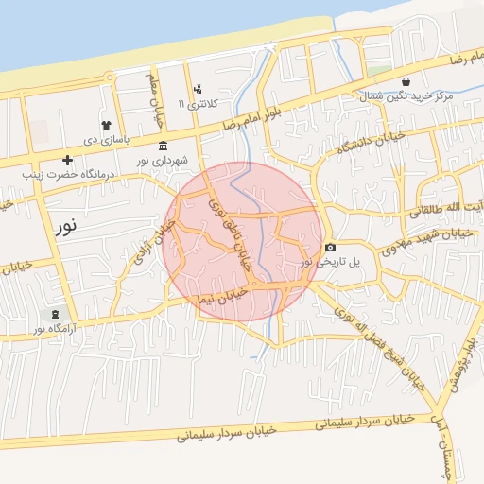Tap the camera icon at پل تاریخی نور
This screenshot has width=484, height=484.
[330, 247]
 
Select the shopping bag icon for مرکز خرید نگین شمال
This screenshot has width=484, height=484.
[406, 82]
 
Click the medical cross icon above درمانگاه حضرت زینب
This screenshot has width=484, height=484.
[67, 159]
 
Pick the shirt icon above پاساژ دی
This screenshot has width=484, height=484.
[105, 124]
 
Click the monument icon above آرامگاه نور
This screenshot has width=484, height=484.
[55, 313]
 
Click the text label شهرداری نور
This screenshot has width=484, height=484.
[167, 162]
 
